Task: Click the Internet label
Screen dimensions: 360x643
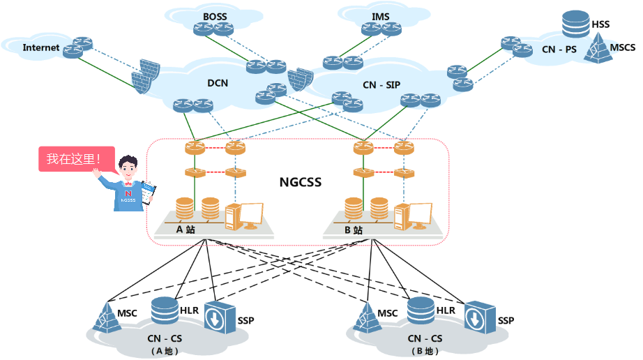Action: point(41,47)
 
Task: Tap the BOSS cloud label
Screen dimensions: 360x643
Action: point(215,16)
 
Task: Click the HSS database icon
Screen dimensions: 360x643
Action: point(575,24)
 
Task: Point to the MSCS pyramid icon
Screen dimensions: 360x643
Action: point(598,48)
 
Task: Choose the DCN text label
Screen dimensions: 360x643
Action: point(218,83)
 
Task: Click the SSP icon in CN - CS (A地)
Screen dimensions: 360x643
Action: point(219,318)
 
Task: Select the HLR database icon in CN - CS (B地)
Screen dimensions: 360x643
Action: point(421,311)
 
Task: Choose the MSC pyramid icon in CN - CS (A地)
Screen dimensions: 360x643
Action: point(107,317)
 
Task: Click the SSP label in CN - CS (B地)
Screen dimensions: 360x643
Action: point(506,320)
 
